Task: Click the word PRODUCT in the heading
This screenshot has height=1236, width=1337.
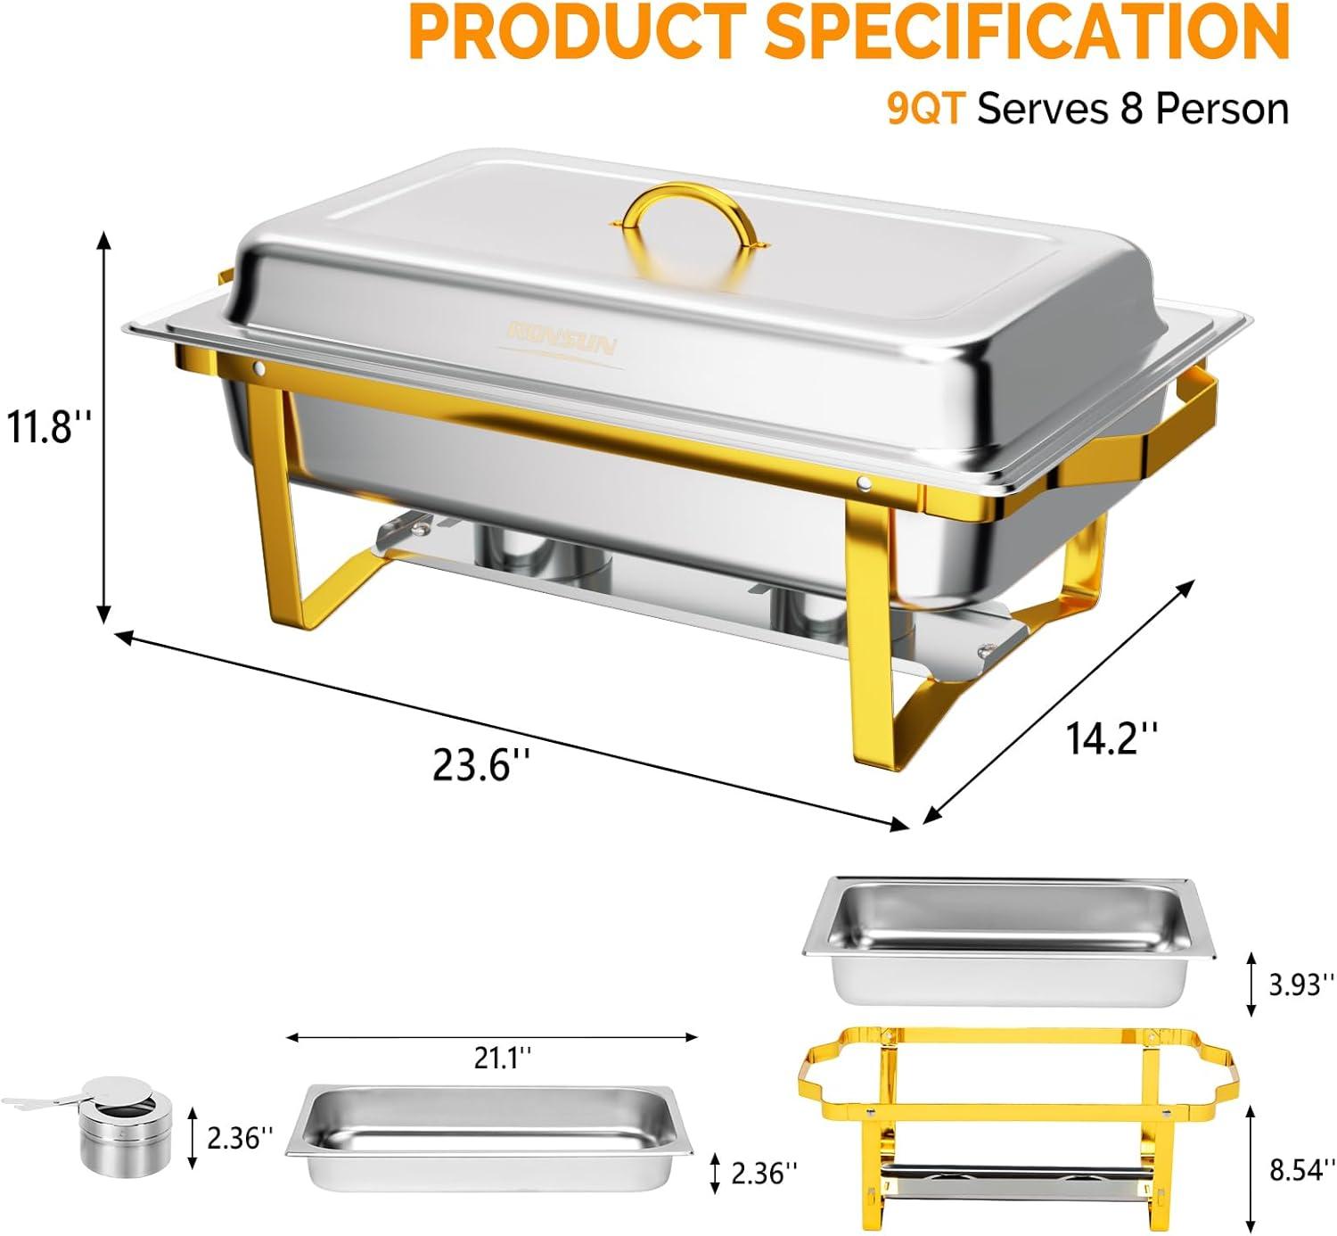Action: coord(578,31)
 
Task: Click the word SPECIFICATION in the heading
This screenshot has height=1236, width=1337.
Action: coord(1028,31)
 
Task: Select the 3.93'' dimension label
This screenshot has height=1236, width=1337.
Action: coord(1302,985)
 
